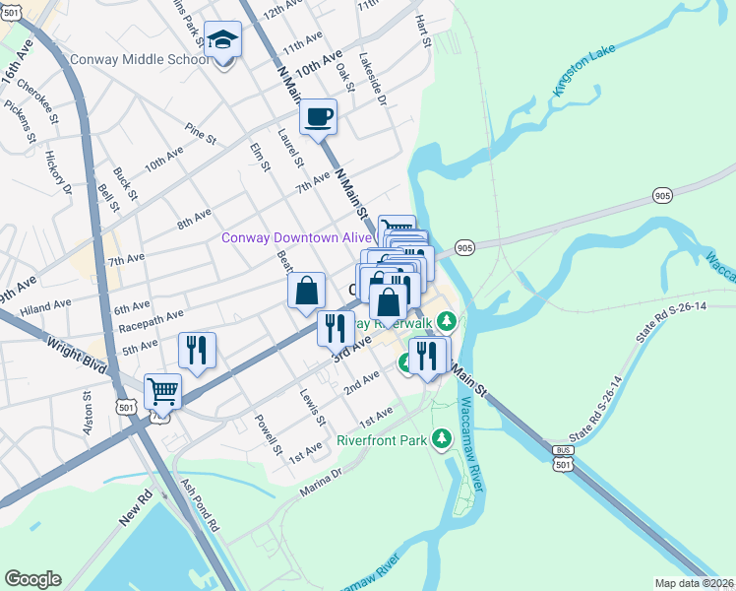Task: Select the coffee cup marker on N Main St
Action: pyautogui.click(x=318, y=118)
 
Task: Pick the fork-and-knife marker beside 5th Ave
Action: pyautogui.click(x=197, y=351)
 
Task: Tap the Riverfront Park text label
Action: pyautogui.click(x=383, y=440)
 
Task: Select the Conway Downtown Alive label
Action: pyautogui.click(x=296, y=237)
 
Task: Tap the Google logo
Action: pyautogui.click(x=32, y=578)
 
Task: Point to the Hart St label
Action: pyautogui.click(x=424, y=31)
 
